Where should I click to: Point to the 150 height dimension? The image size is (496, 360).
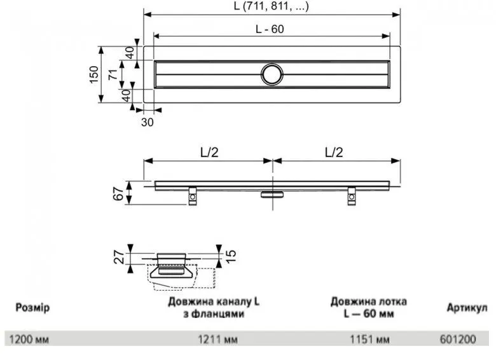click(94, 74)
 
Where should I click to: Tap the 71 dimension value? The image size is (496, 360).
click(112, 74)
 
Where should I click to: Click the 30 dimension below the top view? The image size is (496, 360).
click(147, 123)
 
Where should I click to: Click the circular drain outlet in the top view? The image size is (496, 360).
click(272, 74)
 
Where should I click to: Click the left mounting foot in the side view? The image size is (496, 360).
click(192, 199)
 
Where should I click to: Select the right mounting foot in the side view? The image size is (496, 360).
click(352, 199)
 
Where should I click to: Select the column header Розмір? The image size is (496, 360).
click(32, 308)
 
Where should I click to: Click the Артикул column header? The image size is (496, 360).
click(466, 308)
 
